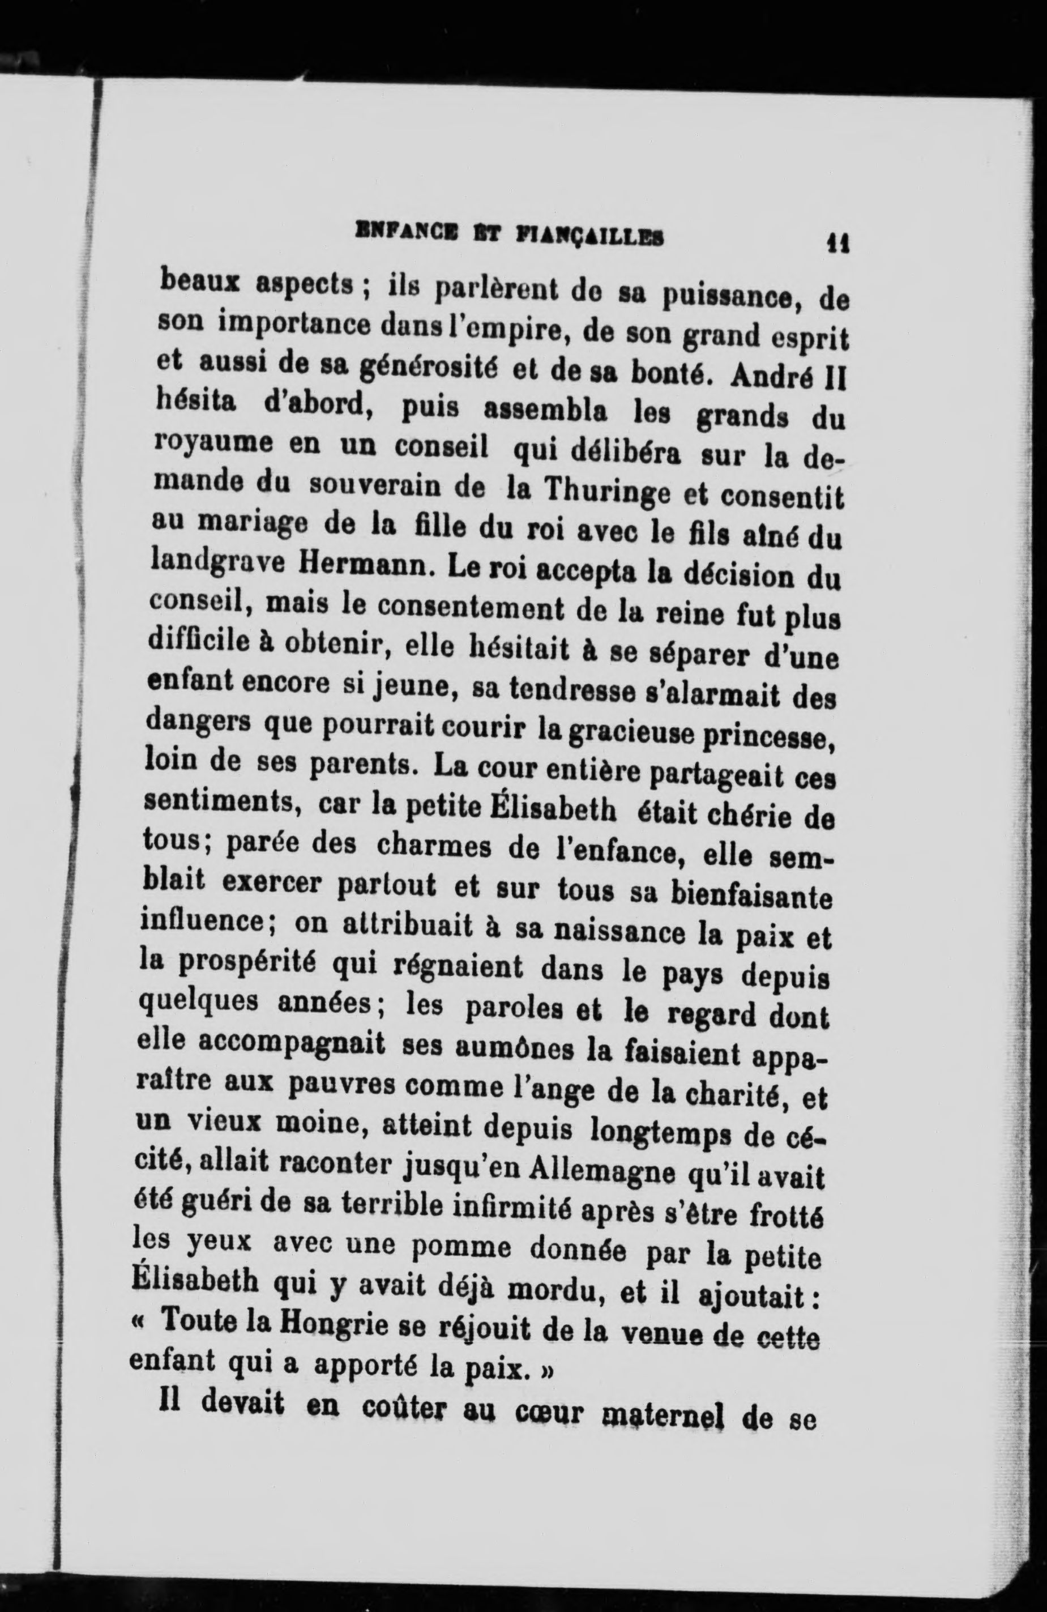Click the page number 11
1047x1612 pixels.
[x=837, y=242]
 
